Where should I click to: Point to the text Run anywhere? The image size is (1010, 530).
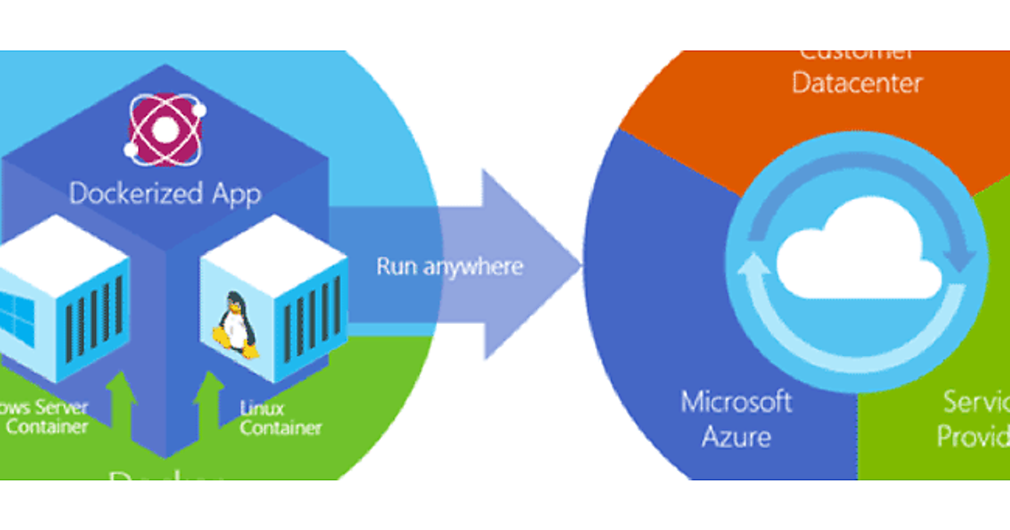coord(449,267)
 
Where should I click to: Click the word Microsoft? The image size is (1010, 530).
coord(736,401)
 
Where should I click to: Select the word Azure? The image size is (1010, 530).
coord(736,437)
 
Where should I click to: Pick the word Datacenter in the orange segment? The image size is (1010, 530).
coord(857,83)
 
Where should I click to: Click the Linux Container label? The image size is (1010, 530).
coord(280,418)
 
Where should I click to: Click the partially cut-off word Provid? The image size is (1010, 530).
coord(974,437)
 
